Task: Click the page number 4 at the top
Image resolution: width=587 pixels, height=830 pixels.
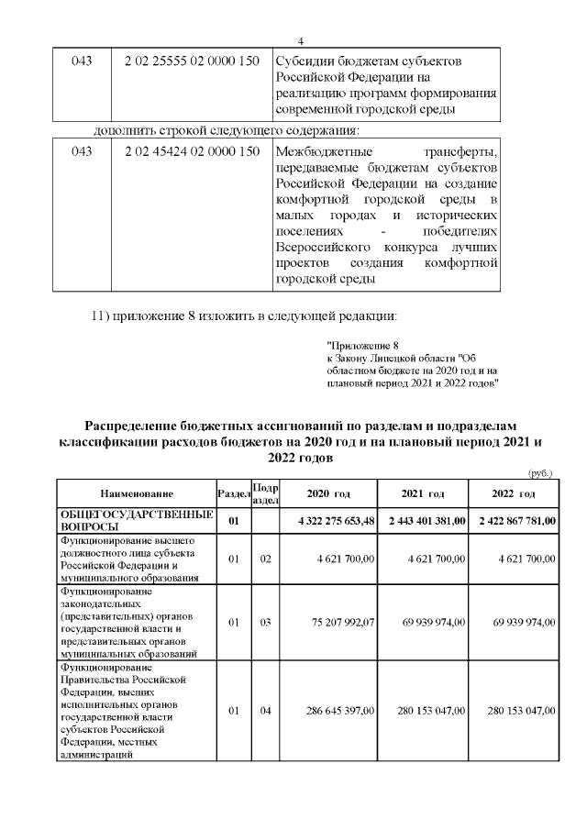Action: [300, 39]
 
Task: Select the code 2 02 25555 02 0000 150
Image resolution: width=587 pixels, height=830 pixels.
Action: [192, 61]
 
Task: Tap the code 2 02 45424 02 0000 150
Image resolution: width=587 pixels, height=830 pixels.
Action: [192, 151]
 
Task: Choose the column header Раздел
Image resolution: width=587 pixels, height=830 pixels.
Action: [233, 494]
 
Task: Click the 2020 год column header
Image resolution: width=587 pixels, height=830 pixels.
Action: [327, 494]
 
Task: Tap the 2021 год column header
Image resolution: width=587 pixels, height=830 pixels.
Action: [423, 494]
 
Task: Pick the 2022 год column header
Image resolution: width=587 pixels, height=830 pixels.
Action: [514, 494]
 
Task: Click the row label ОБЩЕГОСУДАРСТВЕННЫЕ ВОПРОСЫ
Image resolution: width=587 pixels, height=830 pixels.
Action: [123, 521]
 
